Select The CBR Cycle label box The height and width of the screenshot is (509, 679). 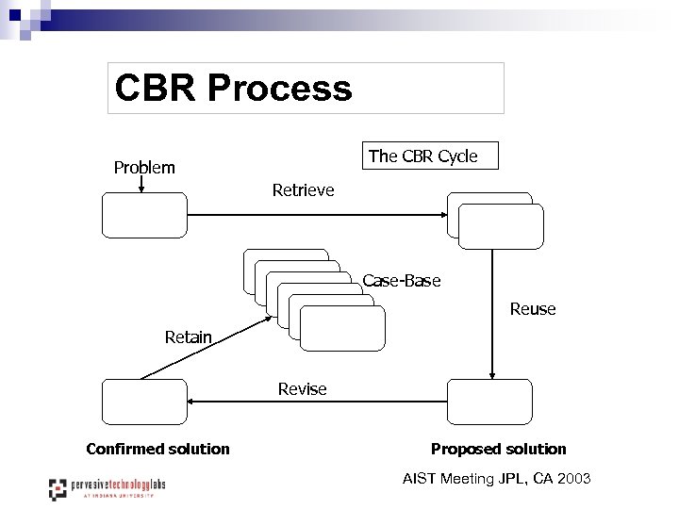click(x=430, y=156)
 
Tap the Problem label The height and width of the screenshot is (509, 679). click(x=144, y=168)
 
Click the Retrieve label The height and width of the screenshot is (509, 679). click(x=303, y=190)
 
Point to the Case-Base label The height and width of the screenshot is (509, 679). click(x=402, y=281)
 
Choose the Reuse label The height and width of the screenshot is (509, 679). click(x=533, y=309)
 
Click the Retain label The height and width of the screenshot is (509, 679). click(x=189, y=337)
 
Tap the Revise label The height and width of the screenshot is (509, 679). click(x=303, y=389)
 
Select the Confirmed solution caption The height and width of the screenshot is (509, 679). click(x=157, y=449)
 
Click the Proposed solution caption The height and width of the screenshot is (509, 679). click(x=499, y=449)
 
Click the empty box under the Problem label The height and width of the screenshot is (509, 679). click(x=144, y=215)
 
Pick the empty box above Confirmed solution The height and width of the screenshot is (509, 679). click(x=144, y=402)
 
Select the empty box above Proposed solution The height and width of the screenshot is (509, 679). click(x=489, y=402)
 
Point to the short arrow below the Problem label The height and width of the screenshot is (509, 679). click(x=141, y=185)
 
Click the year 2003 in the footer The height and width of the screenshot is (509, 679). click(x=573, y=479)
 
